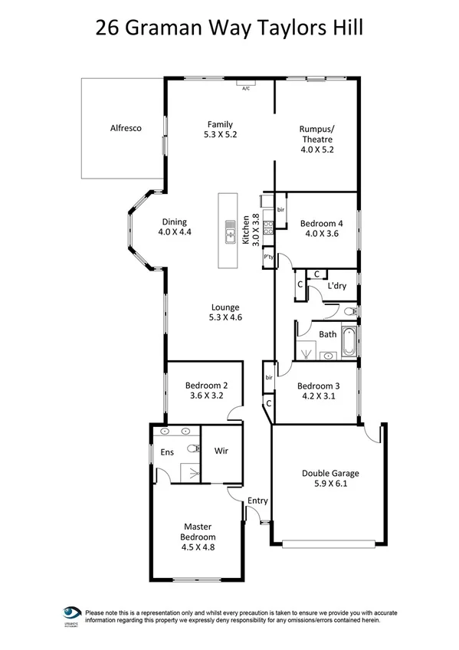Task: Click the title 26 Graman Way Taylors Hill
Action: coord(229,28)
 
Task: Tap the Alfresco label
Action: coord(125,130)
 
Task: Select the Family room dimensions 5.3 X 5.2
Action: coord(219,134)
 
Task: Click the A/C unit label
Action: coord(246,89)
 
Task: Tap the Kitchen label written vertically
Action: coord(246,228)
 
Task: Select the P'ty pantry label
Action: coord(269,258)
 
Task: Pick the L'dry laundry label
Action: coord(335,286)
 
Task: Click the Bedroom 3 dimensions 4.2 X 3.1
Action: coord(316,396)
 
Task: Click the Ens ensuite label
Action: coord(166,453)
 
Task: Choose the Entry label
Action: coord(257,501)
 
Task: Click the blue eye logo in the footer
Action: coord(72,614)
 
